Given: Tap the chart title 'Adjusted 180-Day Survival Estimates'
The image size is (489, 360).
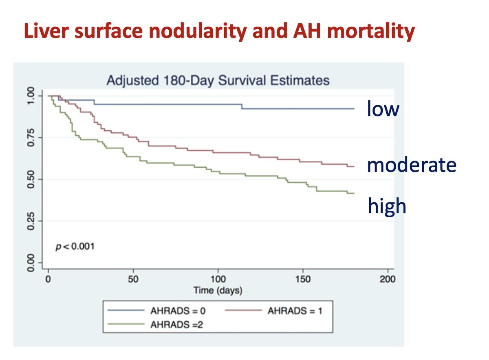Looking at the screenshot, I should click(218, 80).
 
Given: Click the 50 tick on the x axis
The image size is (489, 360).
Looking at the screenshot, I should click(133, 280).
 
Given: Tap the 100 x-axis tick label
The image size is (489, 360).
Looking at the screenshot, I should click(218, 280).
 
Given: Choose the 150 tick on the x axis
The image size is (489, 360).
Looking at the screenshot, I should click(303, 280).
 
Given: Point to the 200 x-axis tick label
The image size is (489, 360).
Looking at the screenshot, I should click(388, 280).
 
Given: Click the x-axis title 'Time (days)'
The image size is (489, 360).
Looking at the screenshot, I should click(218, 290).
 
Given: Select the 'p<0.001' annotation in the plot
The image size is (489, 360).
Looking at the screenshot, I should click(75, 246).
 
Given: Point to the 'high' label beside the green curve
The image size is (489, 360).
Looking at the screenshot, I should click(387, 206).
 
